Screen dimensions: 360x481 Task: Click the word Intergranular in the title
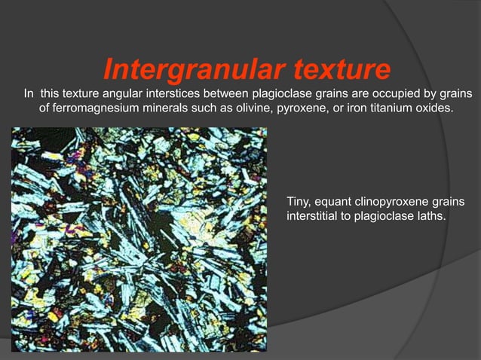[192, 70]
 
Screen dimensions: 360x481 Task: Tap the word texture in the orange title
[338, 70]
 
